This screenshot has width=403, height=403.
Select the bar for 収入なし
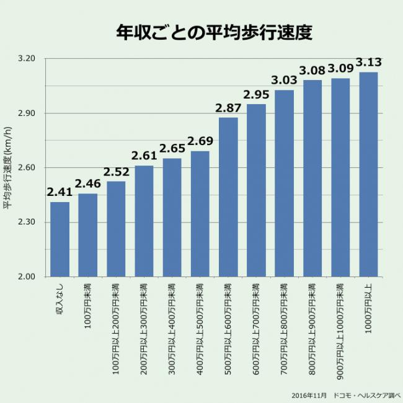click(60, 239)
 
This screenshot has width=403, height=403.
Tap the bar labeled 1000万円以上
click(368, 174)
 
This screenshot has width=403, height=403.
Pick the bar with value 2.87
click(228, 197)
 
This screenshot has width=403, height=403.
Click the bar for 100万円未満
click(88, 235)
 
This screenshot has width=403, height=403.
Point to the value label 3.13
click(368, 63)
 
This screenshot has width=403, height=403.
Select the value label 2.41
click(60, 192)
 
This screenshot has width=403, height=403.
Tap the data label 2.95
click(256, 95)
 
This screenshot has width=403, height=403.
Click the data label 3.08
click(312, 70)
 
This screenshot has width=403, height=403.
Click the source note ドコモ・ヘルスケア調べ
click(367, 395)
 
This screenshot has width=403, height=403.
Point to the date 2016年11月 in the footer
click(309, 395)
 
